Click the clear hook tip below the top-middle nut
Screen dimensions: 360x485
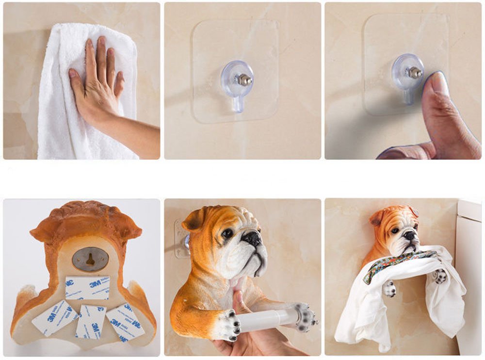237,104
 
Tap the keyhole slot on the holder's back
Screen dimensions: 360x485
90,260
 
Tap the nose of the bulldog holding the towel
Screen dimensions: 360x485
410,235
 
